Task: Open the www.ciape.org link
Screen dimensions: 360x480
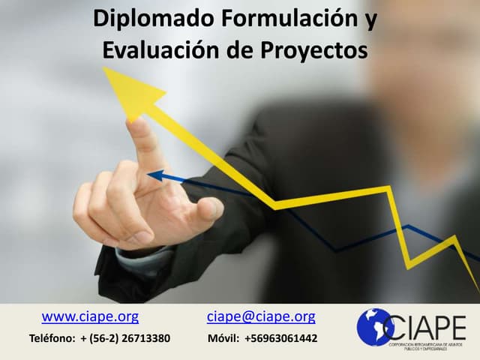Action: tap(90, 316)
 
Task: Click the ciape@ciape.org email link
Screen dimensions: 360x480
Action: tap(261, 316)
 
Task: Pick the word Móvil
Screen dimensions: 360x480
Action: tap(223, 338)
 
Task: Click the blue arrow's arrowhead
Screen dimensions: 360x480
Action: tap(154, 176)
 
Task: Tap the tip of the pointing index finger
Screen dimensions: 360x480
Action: tap(136, 126)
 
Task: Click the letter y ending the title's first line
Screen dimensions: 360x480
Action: tap(370, 21)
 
